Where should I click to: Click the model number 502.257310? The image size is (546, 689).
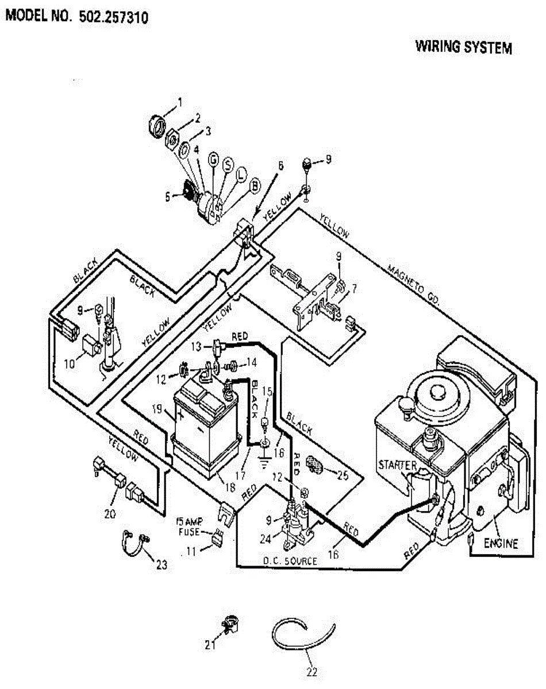113,17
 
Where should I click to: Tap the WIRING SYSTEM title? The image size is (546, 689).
464,47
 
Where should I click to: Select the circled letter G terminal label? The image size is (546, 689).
214,160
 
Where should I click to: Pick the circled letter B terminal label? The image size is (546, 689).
255,185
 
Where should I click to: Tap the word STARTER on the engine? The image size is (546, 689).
397,465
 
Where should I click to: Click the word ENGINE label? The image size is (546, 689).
501,543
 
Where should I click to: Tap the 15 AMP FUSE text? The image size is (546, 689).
190,527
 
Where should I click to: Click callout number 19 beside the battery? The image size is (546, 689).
157,409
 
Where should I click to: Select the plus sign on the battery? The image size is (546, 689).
181,415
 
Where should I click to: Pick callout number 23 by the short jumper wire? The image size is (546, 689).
162,565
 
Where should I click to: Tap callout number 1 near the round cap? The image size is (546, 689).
180,102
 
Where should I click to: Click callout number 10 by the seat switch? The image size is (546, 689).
69,364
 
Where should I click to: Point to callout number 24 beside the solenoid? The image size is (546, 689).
266,539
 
